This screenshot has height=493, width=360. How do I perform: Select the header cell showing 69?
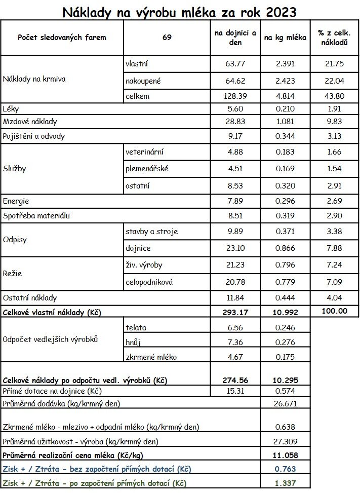(167, 37)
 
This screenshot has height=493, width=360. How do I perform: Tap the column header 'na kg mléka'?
(285, 37)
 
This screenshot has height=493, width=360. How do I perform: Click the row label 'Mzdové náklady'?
(30, 122)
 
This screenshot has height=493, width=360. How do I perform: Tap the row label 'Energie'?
(16, 201)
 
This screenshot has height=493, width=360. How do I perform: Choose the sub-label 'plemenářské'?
(146, 169)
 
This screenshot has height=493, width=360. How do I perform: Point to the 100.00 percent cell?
(334, 311)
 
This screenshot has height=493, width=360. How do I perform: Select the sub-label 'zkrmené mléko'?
(151, 357)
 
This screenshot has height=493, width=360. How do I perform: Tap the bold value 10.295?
(285, 380)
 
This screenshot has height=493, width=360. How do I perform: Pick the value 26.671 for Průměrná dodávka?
(285, 404)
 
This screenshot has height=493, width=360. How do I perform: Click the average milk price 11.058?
(285, 455)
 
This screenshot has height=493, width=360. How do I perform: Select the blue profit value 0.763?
(285, 469)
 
